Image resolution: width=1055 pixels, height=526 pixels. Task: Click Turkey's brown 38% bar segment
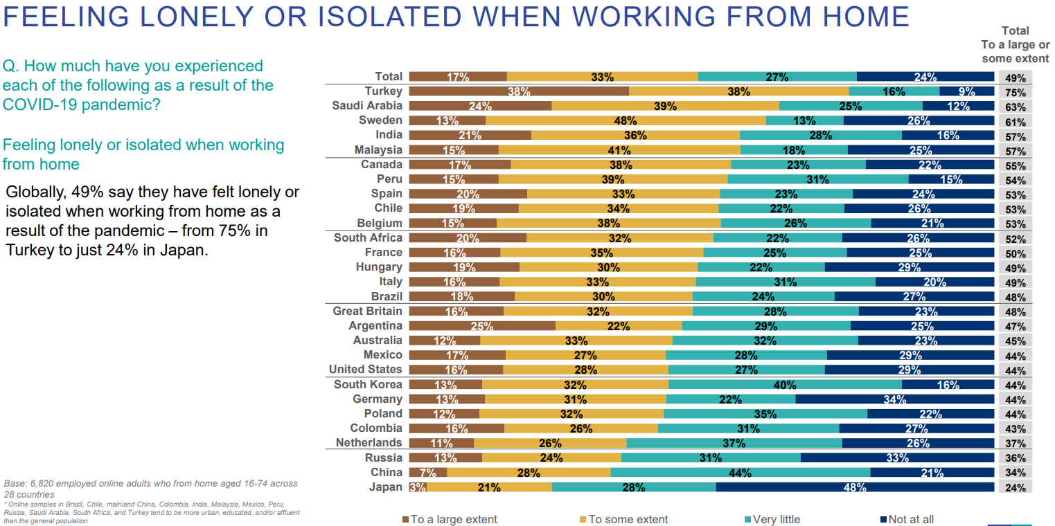(519, 91)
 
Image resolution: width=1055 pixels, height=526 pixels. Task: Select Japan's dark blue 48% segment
(854, 487)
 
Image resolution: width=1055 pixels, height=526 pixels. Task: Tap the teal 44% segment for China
(740, 473)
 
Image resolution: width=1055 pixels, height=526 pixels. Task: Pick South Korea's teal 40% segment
(785, 385)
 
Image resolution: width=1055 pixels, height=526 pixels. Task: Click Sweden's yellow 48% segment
(626, 120)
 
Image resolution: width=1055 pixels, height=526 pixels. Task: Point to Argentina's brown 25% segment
(482, 326)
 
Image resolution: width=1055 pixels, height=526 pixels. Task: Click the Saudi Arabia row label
(366, 106)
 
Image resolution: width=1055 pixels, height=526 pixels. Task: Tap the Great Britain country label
(367, 311)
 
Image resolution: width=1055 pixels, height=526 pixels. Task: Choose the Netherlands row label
(369, 443)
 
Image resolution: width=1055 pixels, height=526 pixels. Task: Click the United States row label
(365, 370)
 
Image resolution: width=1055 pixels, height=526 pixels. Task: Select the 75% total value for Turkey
(1016, 92)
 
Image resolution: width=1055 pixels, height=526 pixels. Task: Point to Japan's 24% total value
(1016, 487)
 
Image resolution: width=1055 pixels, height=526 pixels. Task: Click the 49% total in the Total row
(1016, 78)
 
